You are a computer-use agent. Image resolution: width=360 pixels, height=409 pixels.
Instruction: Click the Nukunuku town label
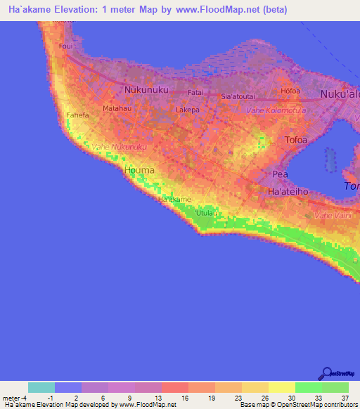click(x=144, y=90)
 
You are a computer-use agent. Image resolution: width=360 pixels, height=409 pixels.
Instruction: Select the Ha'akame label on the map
click(x=174, y=200)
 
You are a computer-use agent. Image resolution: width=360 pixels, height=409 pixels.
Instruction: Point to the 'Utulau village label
click(x=205, y=212)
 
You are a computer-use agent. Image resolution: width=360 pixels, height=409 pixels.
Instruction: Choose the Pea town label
click(x=281, y=174)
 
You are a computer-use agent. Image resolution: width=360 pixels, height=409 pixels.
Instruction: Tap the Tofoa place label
click(x=296, y=140)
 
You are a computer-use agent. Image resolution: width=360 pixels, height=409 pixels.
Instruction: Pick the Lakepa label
click(x=188, y=110)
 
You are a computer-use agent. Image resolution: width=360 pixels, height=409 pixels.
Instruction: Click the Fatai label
click(x=195, y=92)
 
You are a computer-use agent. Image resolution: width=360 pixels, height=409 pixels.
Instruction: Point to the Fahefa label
click(x=76, y=114)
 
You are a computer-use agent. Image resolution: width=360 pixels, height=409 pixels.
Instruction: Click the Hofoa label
click(x=290, y=91)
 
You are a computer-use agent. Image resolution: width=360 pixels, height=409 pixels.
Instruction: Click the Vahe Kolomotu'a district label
click(x=276, y=112)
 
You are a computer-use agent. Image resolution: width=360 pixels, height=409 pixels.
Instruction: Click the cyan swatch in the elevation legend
click(x=41, y=387)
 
